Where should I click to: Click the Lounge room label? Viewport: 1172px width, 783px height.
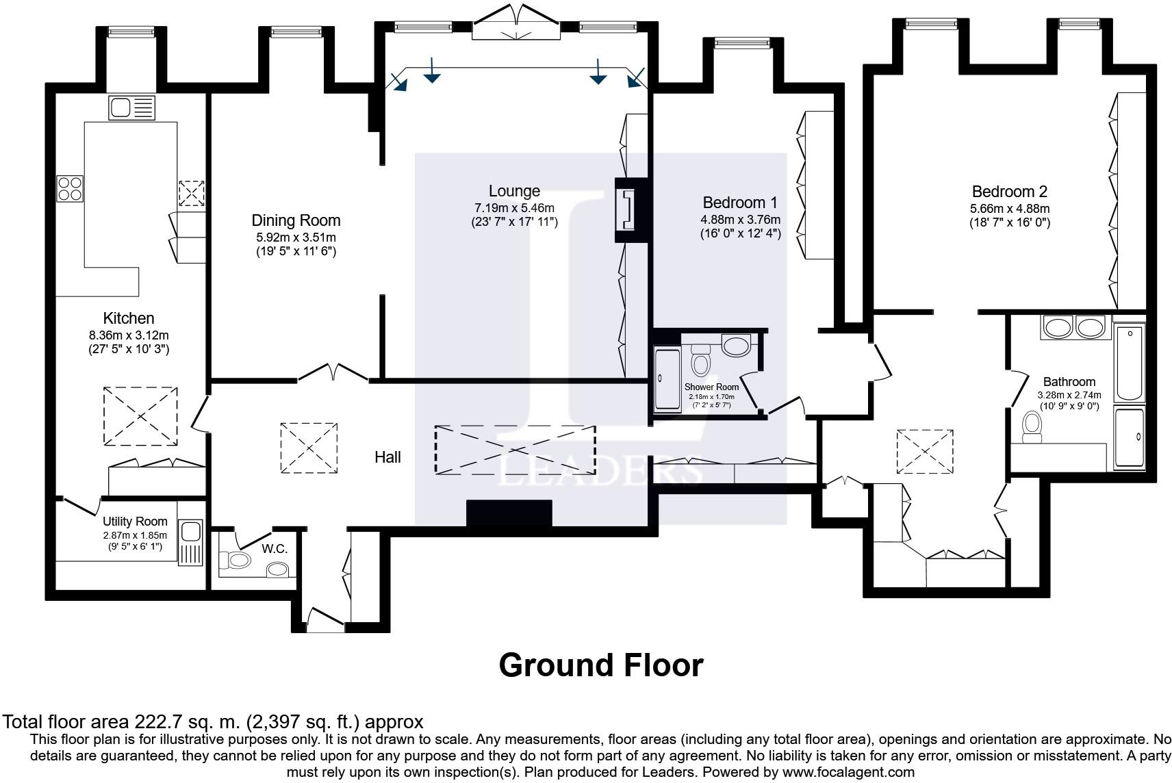[514, 191]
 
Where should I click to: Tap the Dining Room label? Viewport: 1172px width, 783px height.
[296, 220]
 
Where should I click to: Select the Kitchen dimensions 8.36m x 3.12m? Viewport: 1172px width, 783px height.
[129, 335]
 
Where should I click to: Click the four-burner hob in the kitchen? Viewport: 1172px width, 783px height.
[70, 188]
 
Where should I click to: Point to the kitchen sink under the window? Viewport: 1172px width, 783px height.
[132, 108]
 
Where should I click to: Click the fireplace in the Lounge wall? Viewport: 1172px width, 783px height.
[627, 210]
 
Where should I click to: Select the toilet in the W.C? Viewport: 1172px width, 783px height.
[235, 561]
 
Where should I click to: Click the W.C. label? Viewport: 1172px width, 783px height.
[275, 549]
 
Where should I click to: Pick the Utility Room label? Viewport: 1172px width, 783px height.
[135, 522]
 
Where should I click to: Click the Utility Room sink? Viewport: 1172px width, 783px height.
[190, 543]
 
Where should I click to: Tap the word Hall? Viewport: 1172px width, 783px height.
[387, 457]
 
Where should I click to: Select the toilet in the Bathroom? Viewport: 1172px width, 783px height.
[1032, 427]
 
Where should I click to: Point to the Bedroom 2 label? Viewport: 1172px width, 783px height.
[1009, 192]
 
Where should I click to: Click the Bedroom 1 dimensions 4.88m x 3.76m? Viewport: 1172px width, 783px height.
[740, 220]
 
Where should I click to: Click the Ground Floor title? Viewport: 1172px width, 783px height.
[601, 665]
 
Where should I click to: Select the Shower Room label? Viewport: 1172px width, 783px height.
[711, 387]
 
